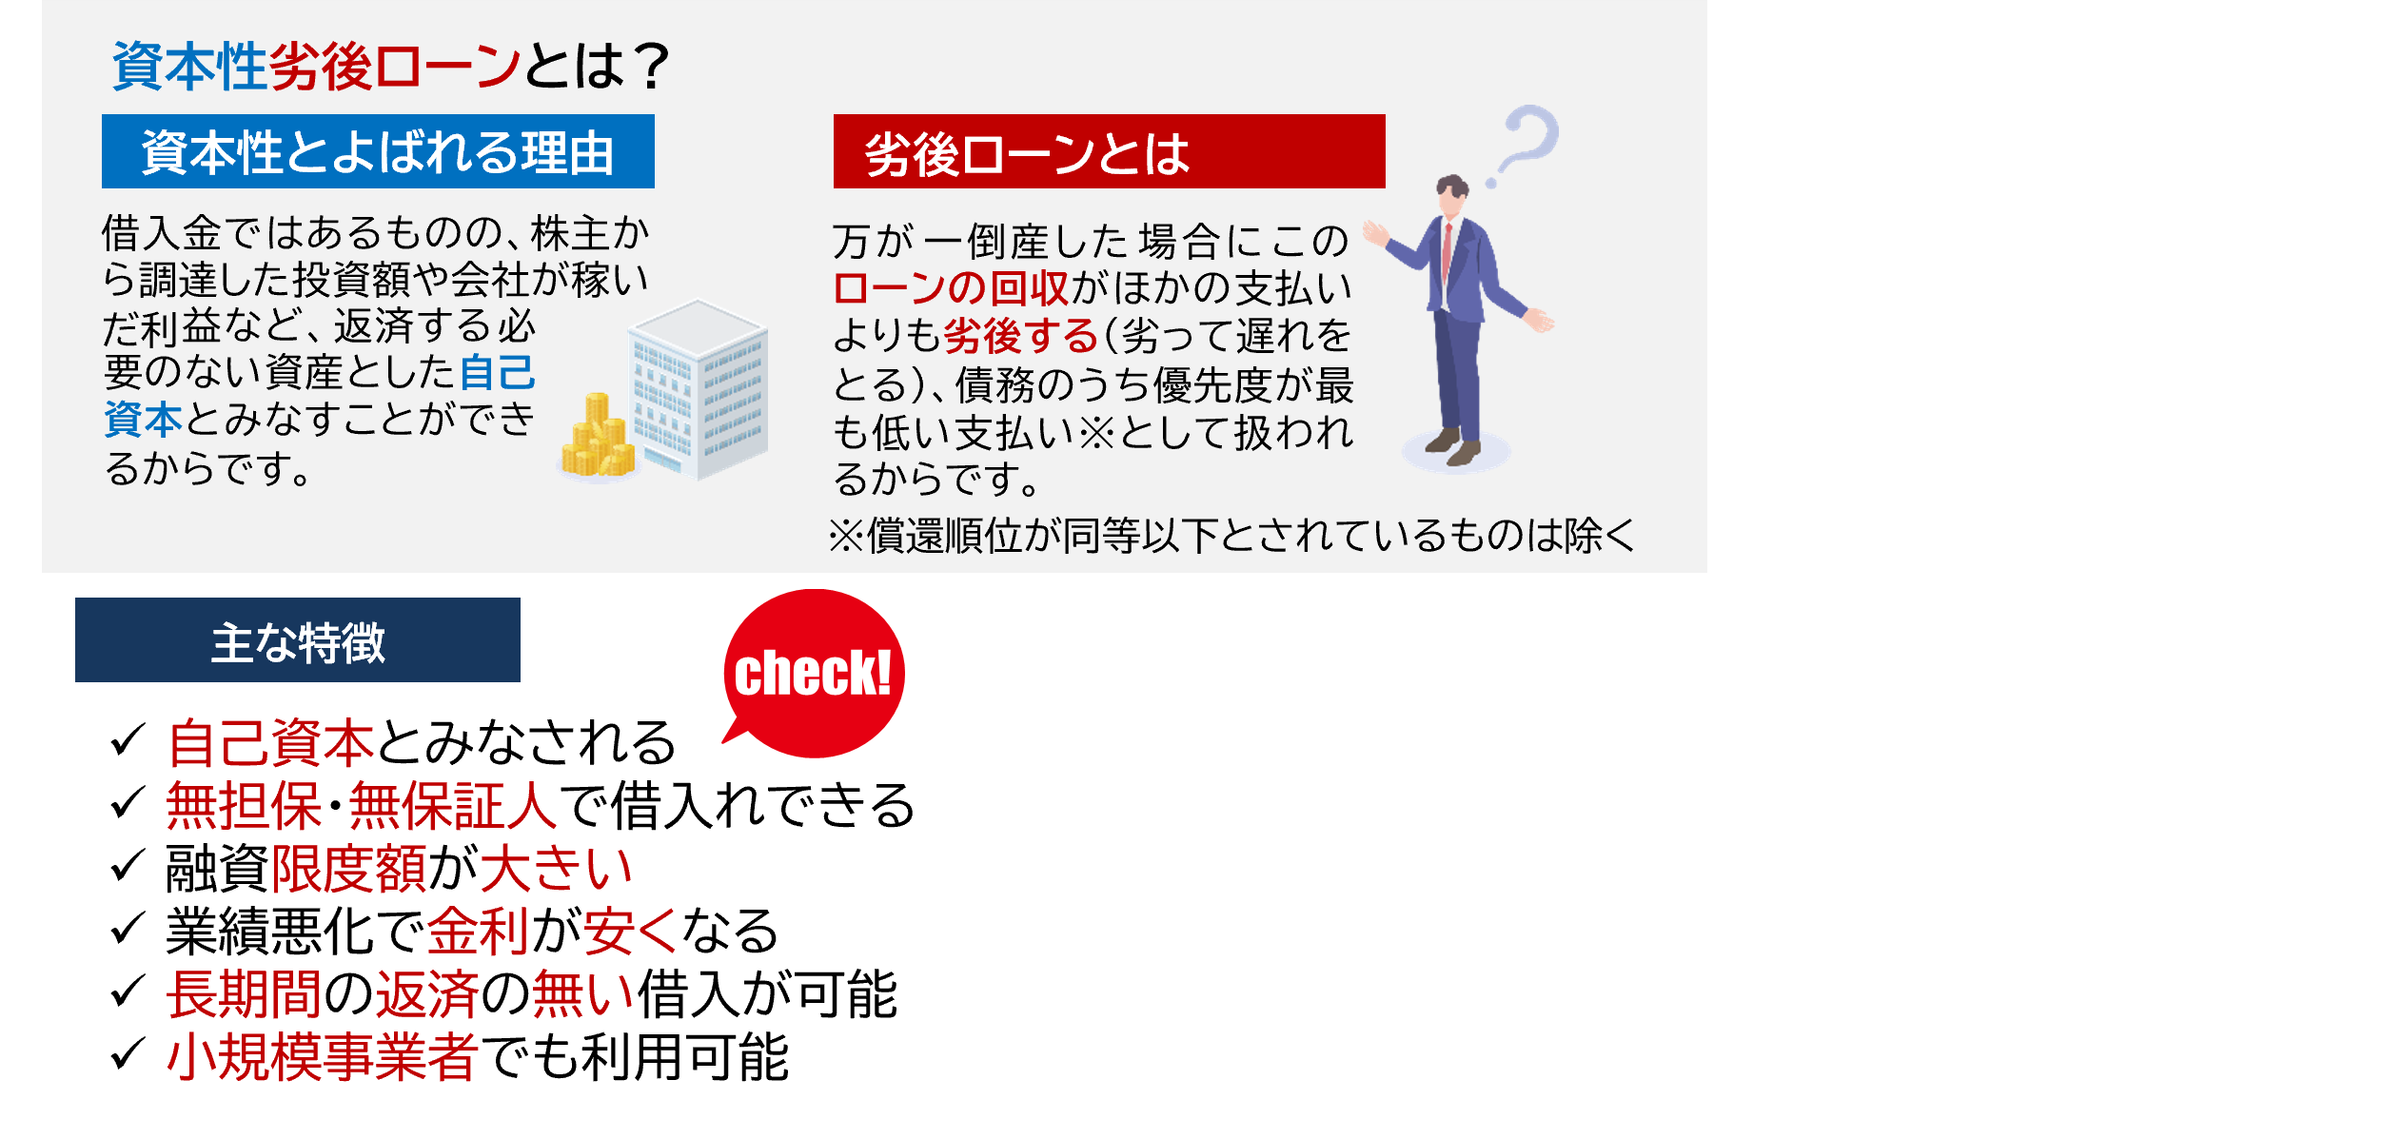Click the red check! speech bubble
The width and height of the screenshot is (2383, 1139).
pyautogui.click(x=814, y=673)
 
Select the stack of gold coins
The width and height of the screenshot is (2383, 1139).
pyautogui.click(x=598, y=437)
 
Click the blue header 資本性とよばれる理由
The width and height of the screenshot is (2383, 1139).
pyautogui.click(x=378, y=151)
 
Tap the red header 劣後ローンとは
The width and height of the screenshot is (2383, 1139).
pyautogui.click(x=1109, y=151)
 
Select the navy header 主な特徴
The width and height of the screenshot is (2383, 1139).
pyautogui.click(x=298, y=639)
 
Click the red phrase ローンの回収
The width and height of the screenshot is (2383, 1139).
pyautogui.click(x=951, y=288)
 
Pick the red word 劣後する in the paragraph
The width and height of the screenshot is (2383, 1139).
pyautogui.click(x=1021, y=336)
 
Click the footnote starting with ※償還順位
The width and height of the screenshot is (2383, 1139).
pyautogui.click(x=1231, y=536)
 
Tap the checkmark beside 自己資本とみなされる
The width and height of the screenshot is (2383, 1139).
pyautogui.click(x=128, y=740)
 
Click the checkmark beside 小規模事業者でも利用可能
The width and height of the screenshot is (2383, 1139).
pyautogui.click(x=128, y=1054)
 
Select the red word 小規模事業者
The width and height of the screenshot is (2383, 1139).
pyautogui.click(x=322, y=1057)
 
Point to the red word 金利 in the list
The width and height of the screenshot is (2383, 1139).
pyautogui.click(x=479, y=931)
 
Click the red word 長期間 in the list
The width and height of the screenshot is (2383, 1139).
pyautogui.click(x=245, y=994)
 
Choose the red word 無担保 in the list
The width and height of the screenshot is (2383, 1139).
pyautogui.click(x=245, y=805)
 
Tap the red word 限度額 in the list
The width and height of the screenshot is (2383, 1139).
pyautogui.click(x=349, y=869)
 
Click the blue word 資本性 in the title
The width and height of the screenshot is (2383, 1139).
pyautogui.click(x=189, y=67)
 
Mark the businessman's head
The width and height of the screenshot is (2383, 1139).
pyautogui.click(x=1452, y=195)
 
